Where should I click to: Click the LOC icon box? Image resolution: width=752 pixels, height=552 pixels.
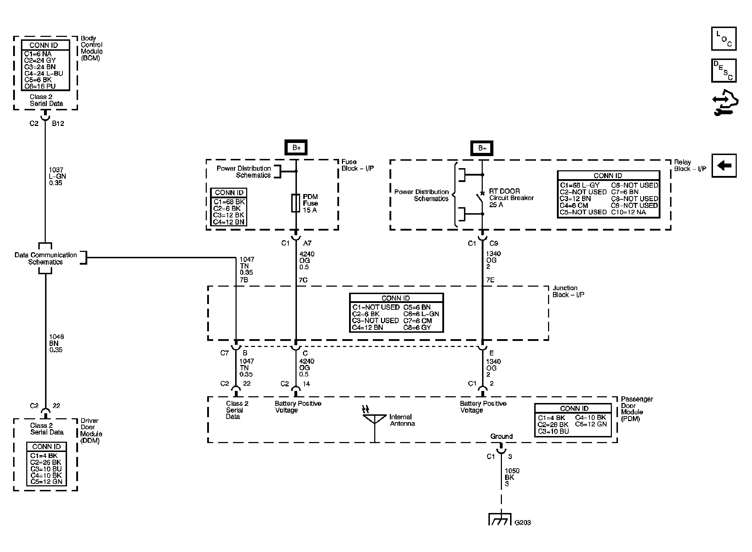pos(724,39)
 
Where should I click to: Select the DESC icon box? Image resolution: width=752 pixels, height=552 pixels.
pos(724,71)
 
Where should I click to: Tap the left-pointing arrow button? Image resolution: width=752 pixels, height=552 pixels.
pos(724,165)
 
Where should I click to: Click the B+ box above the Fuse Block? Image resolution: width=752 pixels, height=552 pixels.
pos(296,148)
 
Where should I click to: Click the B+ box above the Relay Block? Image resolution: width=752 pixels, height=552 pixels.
pos(482,148)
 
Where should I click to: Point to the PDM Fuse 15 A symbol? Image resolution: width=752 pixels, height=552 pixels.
pos(295,203)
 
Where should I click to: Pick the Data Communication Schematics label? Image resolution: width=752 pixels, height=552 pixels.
pos(45,258)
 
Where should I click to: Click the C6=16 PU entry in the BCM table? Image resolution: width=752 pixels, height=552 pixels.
pos(40,86)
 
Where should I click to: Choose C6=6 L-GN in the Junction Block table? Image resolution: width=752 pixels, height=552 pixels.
pos(421,314)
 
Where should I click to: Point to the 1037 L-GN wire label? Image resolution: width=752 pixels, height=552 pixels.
pos(57,176)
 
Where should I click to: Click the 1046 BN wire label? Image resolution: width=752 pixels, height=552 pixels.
pos(56,343)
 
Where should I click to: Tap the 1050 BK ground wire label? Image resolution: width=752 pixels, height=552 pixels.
pos(512,477)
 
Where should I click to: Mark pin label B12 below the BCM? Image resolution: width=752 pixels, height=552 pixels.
pos(58,123)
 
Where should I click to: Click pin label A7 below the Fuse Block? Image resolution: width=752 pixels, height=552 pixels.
pos(307,243)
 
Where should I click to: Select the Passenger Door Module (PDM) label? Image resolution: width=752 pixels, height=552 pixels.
pos(636,409)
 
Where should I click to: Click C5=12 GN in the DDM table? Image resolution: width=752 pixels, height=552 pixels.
pos(46,481)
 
